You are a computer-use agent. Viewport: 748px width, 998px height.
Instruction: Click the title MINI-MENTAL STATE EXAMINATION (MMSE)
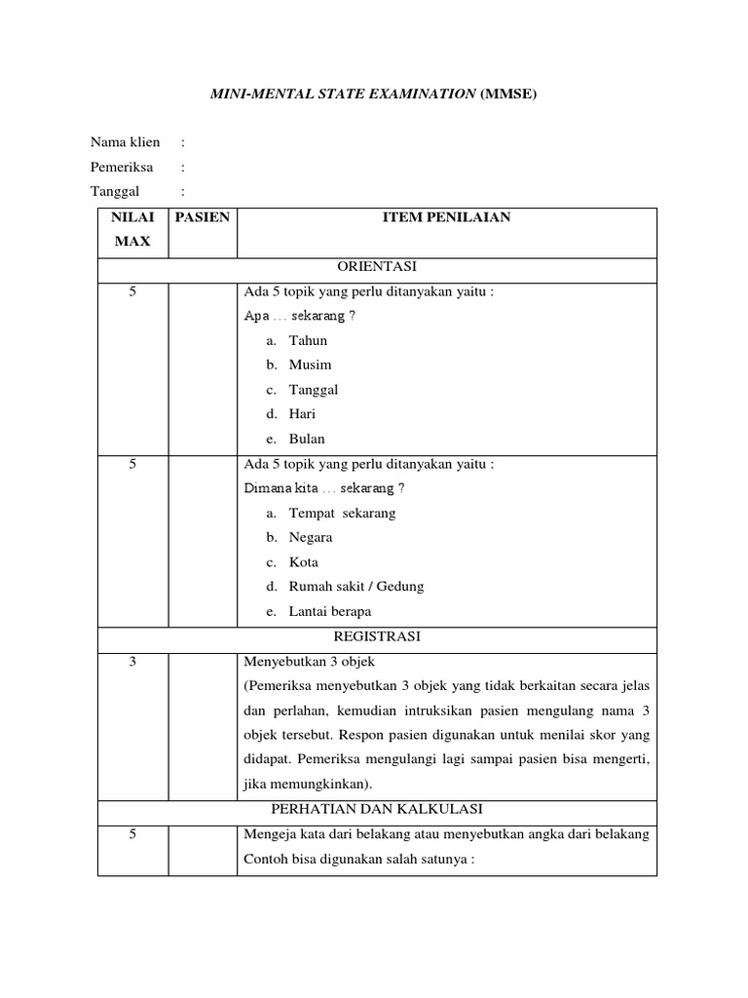pyautogui.click(x=374, y=94)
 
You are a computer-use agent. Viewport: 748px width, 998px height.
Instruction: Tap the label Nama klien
pyautogui.click(x=126, y=142)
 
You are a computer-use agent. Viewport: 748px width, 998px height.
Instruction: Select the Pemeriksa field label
pyautogui.click(x=122, y=167)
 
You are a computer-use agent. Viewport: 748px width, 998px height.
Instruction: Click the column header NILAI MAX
pyautogui.click(x=132, y=229)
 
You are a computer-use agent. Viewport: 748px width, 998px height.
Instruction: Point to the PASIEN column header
pyautogui.click(x=203, y=217)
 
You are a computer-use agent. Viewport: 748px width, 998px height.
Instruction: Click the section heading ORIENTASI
pyautogui.click(x=376, y=266)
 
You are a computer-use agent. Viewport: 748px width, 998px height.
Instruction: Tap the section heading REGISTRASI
pyautogui.click(x=376, y=636)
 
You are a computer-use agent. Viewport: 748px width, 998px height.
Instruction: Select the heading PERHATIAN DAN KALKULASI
pyautogui.click(x=376, y=809)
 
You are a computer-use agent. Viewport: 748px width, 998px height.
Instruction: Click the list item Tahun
pyautogui.click(x=308, y=340)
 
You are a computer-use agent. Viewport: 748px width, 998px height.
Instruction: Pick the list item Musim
pyautogui.click(x=310, y=365)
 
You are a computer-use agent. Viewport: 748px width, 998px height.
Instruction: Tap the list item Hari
pyautogui.click(x=302, y=413)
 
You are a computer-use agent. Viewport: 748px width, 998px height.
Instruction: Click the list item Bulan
pyautogui.click(x=307, y=439)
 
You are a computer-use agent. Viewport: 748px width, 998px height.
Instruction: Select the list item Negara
pyautogui.click(x=311, y=537)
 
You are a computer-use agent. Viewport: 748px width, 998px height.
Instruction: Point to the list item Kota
pyautogui.click(x=303, y=562)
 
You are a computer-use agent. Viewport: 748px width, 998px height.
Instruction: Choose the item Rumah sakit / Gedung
pyautogui.click(x=356, y=587)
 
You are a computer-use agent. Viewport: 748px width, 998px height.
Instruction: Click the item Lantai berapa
pyautogui.click(x=330, y=612)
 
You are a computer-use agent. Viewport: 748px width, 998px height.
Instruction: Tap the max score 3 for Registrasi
pyautogui.click(x=132, y=662)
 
